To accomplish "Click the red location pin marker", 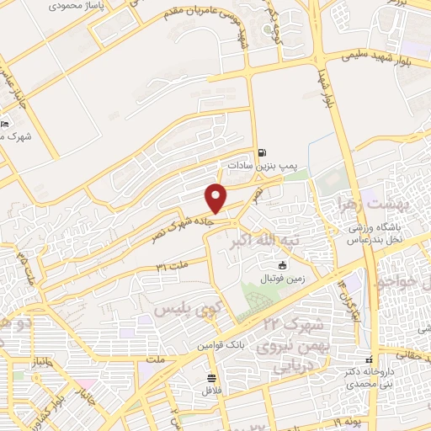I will coord(216,198).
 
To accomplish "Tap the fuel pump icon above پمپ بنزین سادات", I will coord(263,153).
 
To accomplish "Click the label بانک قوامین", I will coord(221,346).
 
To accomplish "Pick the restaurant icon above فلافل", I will coord(210,377).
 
